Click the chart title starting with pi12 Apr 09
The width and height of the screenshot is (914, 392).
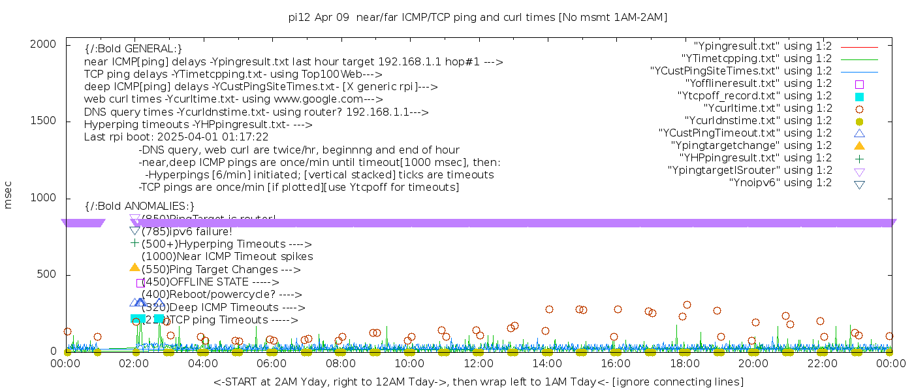point(478,18)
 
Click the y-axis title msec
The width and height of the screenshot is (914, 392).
point(8,195)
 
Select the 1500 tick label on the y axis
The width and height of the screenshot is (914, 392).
point(44,121)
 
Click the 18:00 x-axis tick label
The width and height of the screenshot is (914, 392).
point(684,363)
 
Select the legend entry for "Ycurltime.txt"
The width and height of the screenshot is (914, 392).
point(767,108)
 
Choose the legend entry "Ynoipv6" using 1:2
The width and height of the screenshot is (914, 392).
point(780,183)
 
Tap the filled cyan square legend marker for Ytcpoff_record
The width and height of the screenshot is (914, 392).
point(859,97)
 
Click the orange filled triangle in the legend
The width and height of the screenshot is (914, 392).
point(859,146)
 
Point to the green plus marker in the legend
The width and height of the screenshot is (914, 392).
point(859,158)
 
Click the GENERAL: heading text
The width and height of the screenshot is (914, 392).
point(133,49)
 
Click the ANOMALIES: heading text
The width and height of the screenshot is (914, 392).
point(140,206)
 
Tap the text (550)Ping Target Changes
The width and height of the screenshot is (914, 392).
point(221,270)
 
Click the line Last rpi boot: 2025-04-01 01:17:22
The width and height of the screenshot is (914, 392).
point(176,137)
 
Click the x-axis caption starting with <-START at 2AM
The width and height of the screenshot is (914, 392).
point(478,382)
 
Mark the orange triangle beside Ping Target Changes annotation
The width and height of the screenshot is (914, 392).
point(134,267)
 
